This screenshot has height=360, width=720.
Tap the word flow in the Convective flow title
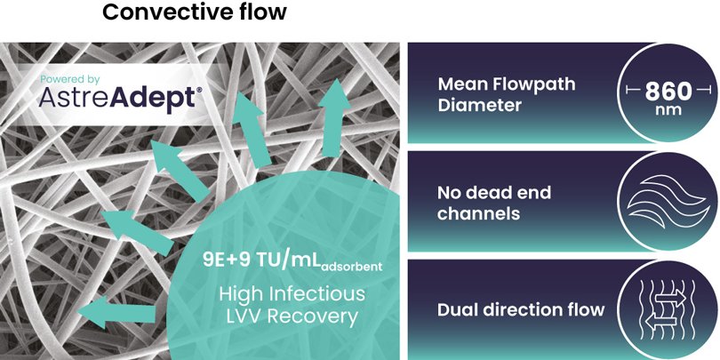pyautogui.click(x=264, y=12)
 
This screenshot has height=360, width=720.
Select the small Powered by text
pyautogui.click(x=70, y=80)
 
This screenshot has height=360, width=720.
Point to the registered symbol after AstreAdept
pyautogui.click(x=198, y=91)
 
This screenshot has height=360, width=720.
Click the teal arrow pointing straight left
pyautogui.click(x=116, y=314)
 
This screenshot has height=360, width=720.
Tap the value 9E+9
pyautogui.click(x=224, y=260)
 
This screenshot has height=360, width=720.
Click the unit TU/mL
pyautogui.click(x=285, y=260)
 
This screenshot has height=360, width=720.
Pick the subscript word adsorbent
pyautogui.click(x=351, y=267)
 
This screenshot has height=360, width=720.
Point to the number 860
pyautogui.click(x=668, y=92)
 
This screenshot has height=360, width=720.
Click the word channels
pyautogui.click(x=478, y=214)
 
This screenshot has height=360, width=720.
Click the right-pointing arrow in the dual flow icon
pyautogui.click(x=669, y=299)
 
